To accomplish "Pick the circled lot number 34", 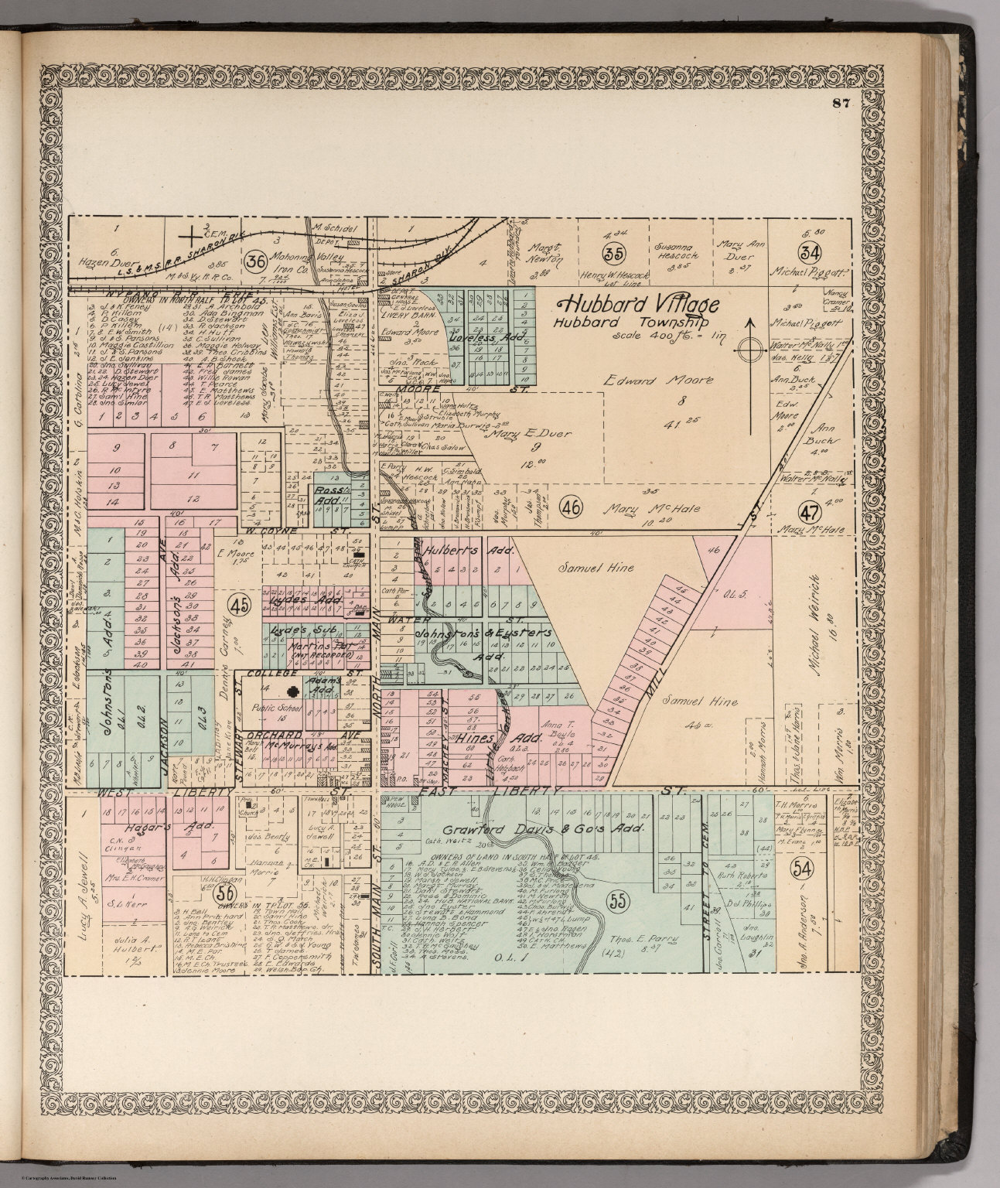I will (810, 252).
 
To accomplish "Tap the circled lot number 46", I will (571, 508).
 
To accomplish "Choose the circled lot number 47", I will (809, 511).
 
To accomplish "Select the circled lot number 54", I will (804, 869).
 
